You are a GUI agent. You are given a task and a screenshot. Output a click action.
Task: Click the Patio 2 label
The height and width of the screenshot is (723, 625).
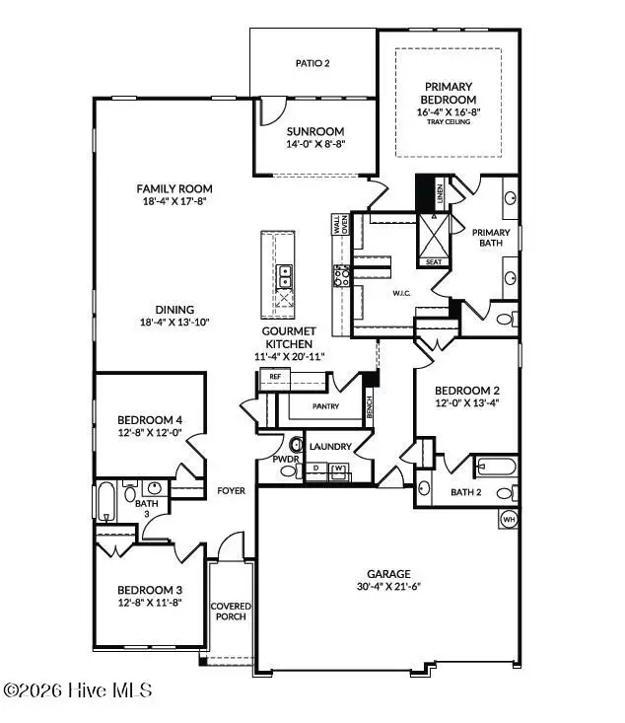coord(312,63)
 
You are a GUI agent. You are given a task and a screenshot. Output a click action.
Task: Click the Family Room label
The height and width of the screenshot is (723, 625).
coord(174,188)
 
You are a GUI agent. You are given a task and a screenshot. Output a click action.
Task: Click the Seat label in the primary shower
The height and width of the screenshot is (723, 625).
coord(433,262)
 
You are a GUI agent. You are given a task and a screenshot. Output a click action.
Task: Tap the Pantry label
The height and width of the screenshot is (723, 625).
coord(325,404)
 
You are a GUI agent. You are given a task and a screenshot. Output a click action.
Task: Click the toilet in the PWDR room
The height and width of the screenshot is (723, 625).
coord(295,443)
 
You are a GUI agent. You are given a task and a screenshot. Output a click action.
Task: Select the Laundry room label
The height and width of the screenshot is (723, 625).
coord(330,447)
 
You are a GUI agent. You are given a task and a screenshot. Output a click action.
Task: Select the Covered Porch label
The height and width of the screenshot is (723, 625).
coord(230,611)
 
